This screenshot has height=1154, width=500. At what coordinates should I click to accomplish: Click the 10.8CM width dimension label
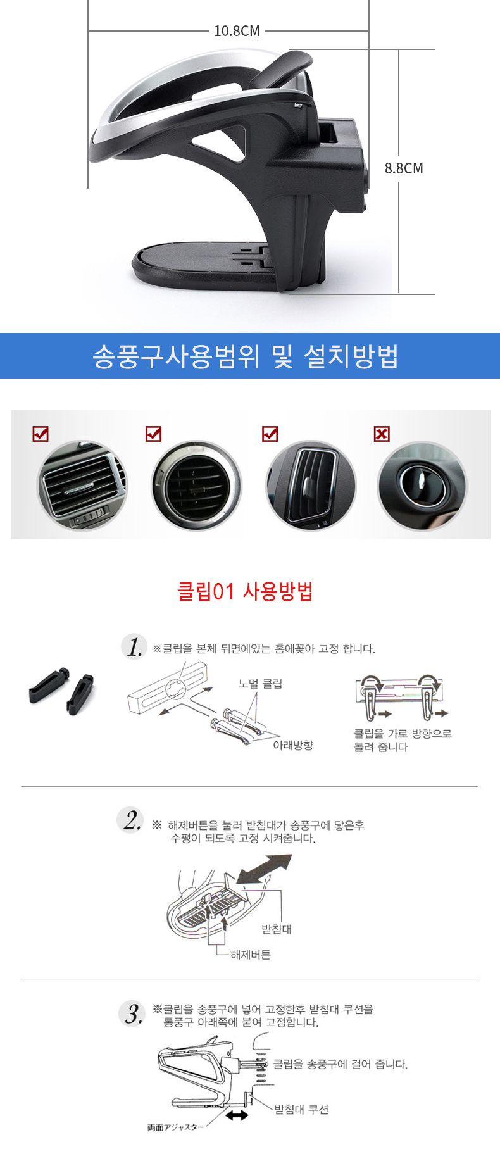pos(237,31)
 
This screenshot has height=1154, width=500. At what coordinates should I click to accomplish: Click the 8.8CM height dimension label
pos(404,168)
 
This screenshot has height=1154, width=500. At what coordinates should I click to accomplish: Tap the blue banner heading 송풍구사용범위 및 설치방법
pos(246,356)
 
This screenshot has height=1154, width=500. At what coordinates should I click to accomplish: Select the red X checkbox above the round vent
pos(382,434)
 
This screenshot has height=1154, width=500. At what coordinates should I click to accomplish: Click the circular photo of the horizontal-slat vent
pos(82,486)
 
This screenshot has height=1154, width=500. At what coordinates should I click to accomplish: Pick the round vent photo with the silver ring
pos(196,486)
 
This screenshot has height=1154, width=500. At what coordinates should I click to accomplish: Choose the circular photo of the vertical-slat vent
pos(311,486)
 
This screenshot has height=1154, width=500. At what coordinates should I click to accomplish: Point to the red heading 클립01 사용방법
pos(245,591)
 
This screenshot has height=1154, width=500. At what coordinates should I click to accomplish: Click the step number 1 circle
pos(134,646)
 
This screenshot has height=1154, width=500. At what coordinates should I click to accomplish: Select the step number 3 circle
pos(132,1013)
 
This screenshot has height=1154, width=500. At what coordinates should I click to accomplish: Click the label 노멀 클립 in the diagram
pos(260,684)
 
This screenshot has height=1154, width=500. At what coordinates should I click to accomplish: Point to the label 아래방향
pos(293,745)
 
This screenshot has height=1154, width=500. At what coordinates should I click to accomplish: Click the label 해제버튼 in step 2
pos(251,955)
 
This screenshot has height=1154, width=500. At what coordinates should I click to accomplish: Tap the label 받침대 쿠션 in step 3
pos(301,1109)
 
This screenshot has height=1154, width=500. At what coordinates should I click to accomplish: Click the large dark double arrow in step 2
pos(263,869)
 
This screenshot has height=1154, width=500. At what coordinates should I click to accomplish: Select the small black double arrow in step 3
pos(237,1115)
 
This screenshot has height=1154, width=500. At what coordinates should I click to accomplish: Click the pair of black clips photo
pos(62,690)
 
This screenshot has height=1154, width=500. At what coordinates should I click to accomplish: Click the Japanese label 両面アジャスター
pos(176,1127)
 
